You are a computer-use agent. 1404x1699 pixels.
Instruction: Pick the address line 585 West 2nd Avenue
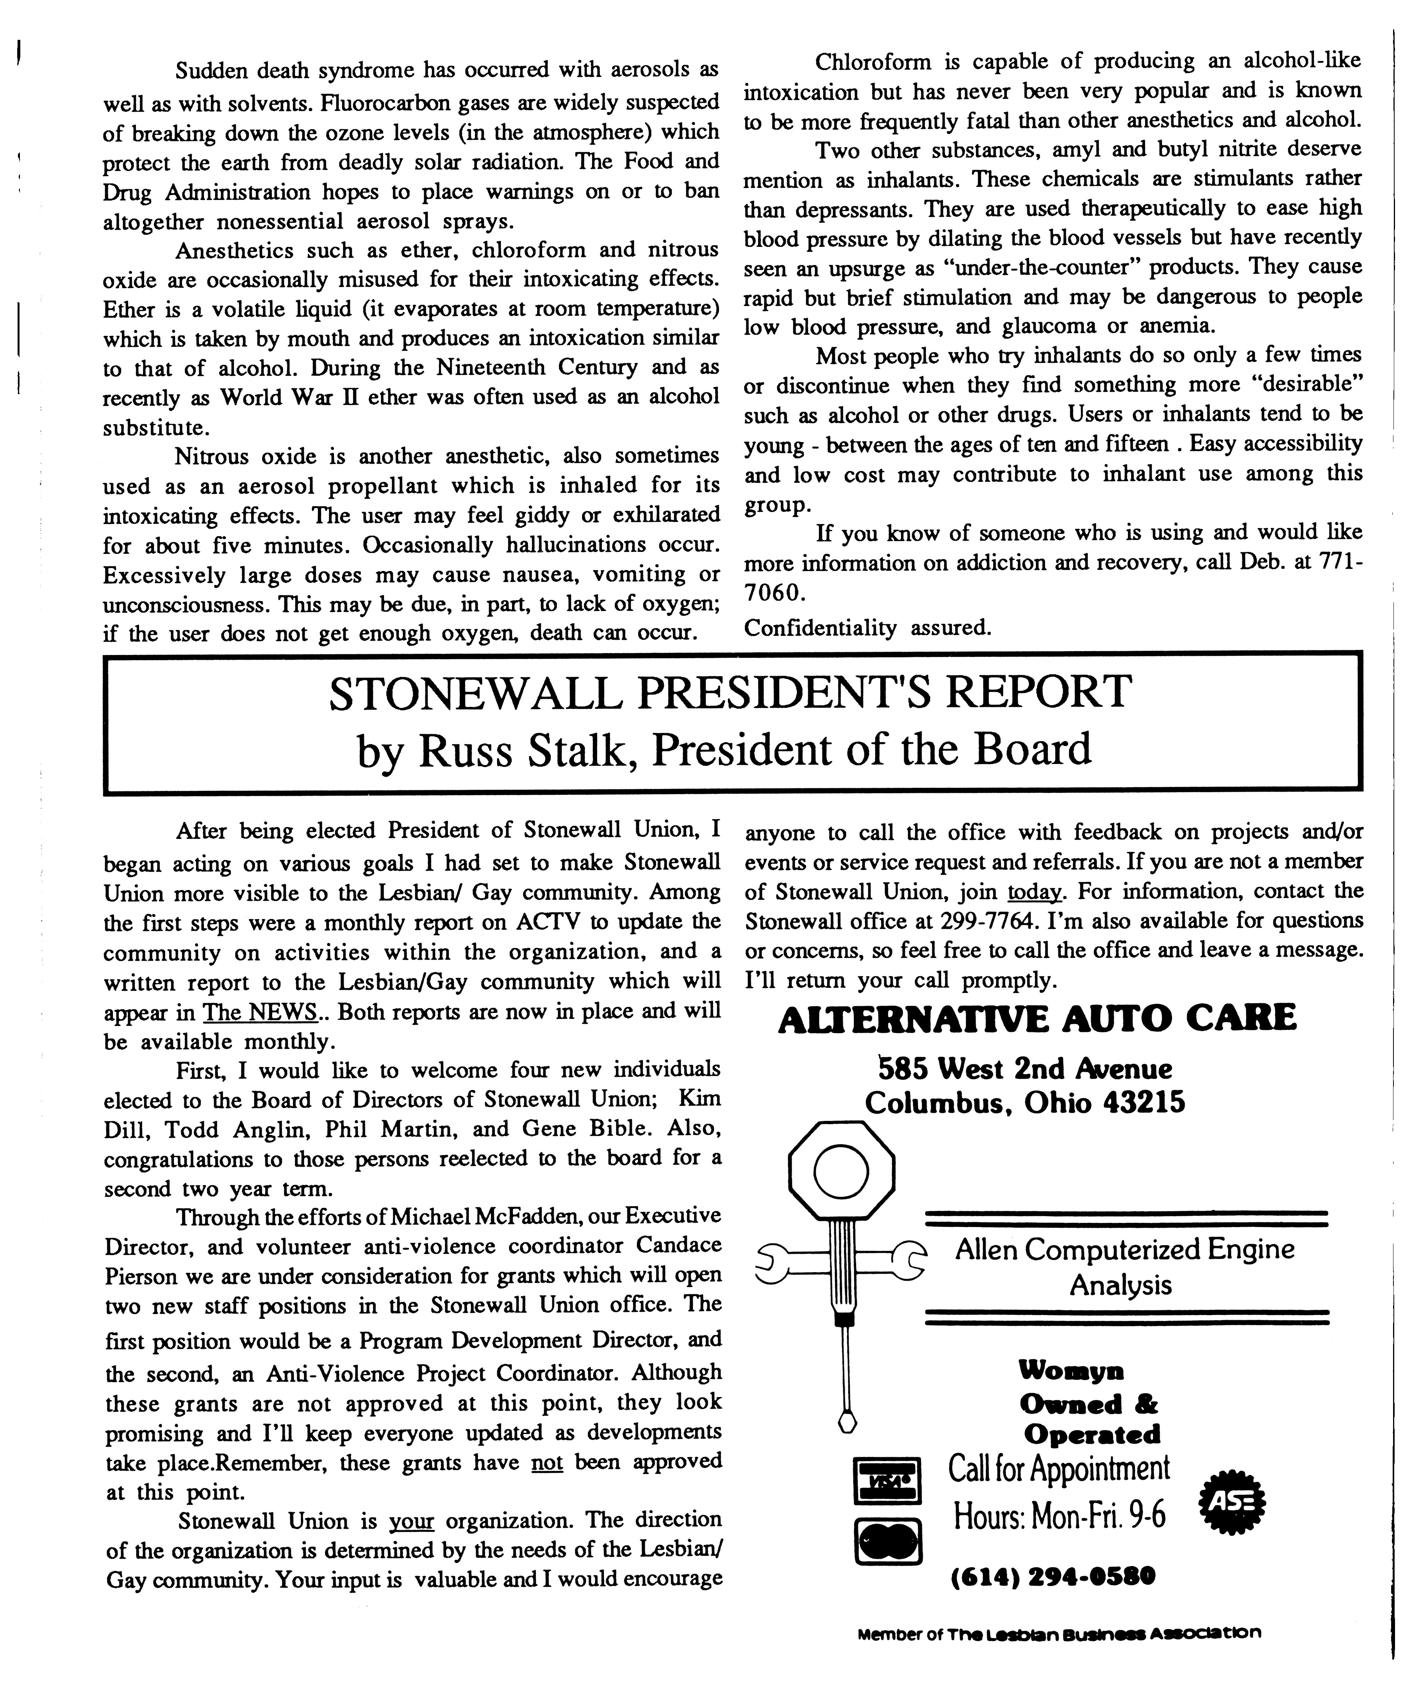pyautogui.click(x=1026, y=1069)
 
